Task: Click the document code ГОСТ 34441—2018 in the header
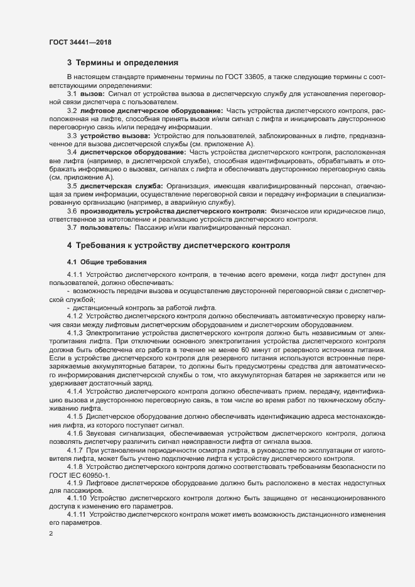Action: tap(81, 41)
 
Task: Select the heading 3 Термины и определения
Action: tap(122, 63)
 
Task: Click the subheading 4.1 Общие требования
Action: tap(107, 261)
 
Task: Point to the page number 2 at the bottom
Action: tap(51, 535)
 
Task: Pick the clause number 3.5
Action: tap(72, 186)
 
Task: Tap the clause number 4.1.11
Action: tap(77, 515)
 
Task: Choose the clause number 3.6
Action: tap(72, 211)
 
